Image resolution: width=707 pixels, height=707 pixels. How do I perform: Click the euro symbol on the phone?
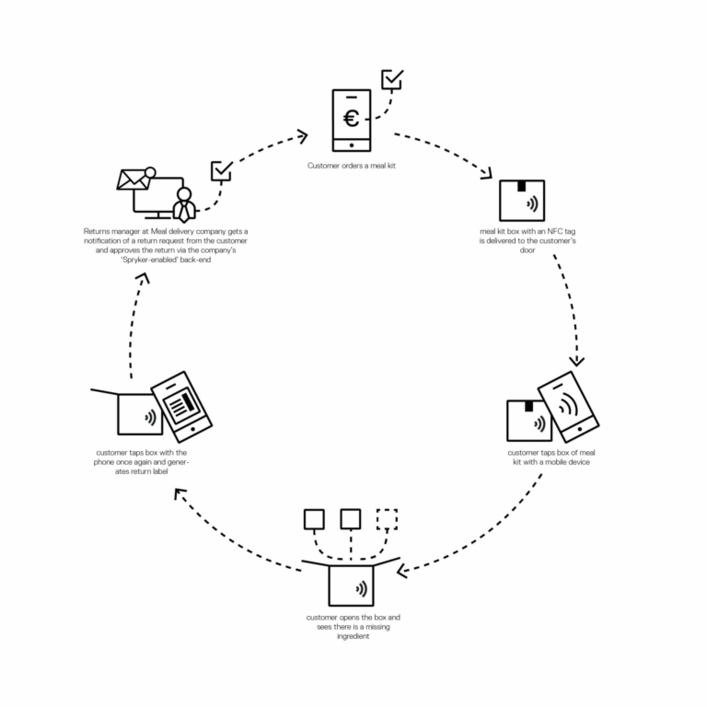[x=352, y=119]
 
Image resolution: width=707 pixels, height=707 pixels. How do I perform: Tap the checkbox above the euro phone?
[x=392, y=79]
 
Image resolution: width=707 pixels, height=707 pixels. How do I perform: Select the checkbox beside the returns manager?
[x=222, y=171]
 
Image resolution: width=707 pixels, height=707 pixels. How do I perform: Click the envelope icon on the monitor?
[x=133, y=180]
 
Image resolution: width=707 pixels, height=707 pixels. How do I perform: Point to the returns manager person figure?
[x=184, y=205]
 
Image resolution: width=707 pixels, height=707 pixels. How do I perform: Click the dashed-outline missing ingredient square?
[x=387, y=519]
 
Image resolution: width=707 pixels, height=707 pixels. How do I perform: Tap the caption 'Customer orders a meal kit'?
[x=352, y=166]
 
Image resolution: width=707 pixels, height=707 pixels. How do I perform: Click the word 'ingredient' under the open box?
[x=353, y=636]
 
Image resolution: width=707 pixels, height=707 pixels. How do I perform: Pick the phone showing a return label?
[x=181, y=406]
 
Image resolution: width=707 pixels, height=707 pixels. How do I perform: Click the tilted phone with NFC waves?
[x=568, y=406]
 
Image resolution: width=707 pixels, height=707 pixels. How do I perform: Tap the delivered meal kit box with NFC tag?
[x=522, y=201]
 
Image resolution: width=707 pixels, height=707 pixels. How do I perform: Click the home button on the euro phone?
[x=352, y=145]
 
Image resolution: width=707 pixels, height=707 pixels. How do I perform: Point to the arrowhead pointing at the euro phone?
[x=302, y=136]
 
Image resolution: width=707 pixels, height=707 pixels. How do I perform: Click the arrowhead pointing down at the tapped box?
[x=576, y=361]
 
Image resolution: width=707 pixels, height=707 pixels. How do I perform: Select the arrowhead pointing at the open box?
[x=402, y=572]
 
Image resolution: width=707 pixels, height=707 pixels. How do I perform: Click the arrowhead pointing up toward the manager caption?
[x=144, y=278]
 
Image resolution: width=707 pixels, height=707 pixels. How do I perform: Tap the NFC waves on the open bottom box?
[x=361, y=588]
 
